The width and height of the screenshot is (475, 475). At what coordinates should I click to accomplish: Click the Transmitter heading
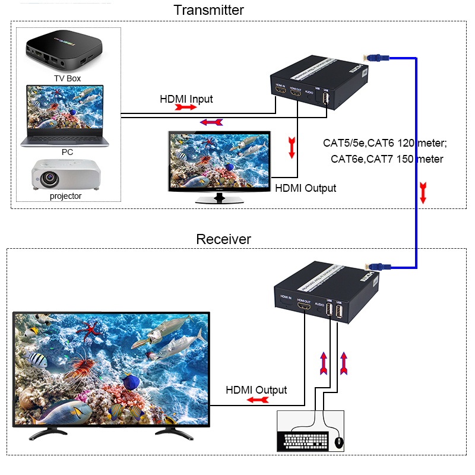click(x=208, y=10)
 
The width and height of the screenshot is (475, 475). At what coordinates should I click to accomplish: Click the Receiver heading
click(x=223, y=239)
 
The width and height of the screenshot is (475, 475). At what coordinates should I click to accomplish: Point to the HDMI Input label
click(x=186, y=99)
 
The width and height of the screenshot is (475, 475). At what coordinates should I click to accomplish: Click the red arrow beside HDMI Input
click(x=185, y=108)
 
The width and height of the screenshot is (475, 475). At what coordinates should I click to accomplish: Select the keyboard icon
click(x=305, y=441)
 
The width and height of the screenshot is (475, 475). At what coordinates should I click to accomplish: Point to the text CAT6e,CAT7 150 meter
click(x=387, y=159)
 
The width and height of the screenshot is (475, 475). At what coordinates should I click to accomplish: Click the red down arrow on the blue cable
click(x=423, y=193)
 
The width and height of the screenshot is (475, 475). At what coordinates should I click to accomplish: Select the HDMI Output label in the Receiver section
click(x=256, y=390)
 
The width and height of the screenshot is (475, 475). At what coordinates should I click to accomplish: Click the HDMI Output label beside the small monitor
click(x=305, y=188)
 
